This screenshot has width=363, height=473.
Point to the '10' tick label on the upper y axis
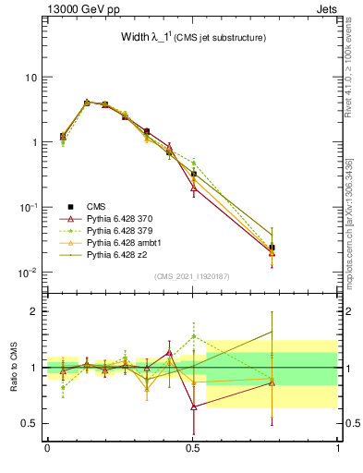coord(30,78)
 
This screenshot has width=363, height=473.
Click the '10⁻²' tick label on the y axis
coord(28,273)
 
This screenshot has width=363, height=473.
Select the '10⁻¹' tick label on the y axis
coord(28,208)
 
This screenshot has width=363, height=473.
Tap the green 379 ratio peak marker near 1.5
coord(193,336)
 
